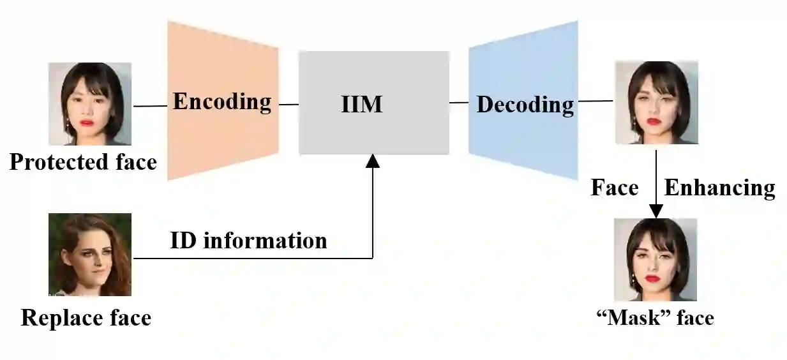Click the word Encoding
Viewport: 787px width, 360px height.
pos(222,101)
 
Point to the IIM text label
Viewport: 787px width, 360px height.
pos(361,103)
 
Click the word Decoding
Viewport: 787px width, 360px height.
pos(525,104)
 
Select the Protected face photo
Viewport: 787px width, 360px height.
pos(90,103)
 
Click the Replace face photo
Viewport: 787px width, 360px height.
pos(90,254)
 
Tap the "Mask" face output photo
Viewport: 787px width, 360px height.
pos(655,259)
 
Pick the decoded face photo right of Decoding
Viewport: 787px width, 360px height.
pos(656,102)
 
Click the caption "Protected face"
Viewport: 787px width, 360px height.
pos(83,162)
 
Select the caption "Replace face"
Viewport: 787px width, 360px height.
pos(86,317)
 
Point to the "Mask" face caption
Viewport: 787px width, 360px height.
pos(655,317)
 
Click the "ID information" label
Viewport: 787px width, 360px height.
pos(248,241)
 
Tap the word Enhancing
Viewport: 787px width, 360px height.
pos(719,188)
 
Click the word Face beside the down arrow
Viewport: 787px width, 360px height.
pos(614,188)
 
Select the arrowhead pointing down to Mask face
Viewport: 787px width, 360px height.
pos(656,211)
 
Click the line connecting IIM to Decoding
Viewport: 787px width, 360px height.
pos(459,102)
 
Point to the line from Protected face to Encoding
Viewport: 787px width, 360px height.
pos(150,106)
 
